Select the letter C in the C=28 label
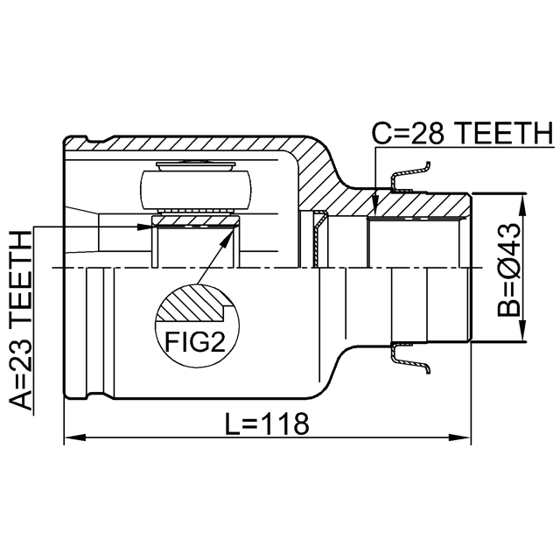coord(381,134)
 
